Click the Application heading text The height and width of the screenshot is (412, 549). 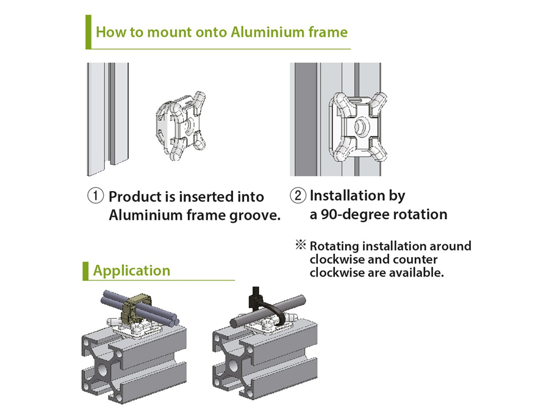(x=132, y=270)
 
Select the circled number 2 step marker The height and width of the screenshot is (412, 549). (x=298, y=196)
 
